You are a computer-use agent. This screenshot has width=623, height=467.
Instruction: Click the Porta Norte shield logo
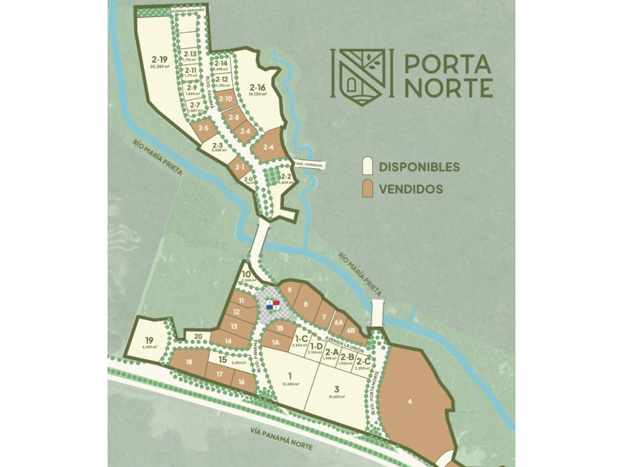pyautogui.click(x=359, y=76)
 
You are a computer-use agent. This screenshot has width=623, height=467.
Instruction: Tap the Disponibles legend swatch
pyautogui.click(x=366, y=166)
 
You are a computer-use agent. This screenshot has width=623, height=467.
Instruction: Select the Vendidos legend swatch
pyautogui.click(x=366, y=188)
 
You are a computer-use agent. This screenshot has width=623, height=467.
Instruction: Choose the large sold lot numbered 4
pyautogui.click(x=409, y=400)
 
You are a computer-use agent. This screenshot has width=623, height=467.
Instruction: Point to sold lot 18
pyautogui.click(x=189, y=362)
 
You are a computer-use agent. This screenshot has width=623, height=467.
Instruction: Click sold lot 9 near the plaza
pyautogui.click(x=291, y=290)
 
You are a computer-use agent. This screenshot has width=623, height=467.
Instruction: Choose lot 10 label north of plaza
pyautogui.click(x=246, y=274)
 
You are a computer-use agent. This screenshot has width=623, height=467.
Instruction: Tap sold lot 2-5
pyautogui.click(x=202, y=130)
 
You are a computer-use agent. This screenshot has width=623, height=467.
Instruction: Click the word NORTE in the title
pyautogui.click(x=449, y=88)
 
